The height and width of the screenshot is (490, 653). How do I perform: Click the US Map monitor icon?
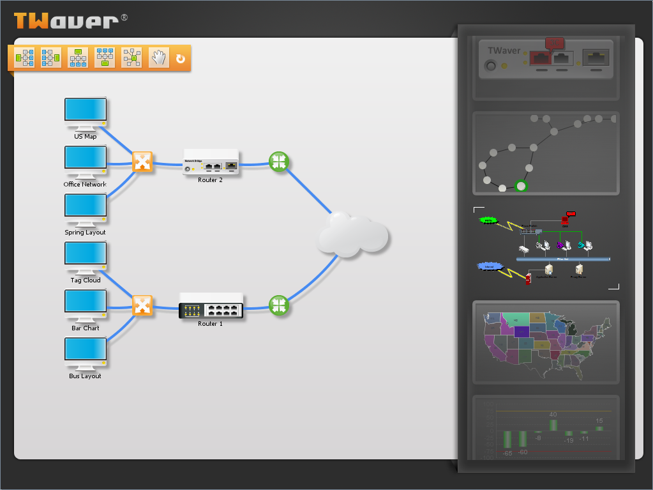[x=86, y=112]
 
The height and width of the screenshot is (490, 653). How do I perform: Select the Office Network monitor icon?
[x=86, y=160]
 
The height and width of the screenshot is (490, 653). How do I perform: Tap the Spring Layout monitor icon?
[x=86, y=208]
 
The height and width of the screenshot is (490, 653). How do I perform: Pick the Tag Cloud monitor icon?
[x=86, y=256]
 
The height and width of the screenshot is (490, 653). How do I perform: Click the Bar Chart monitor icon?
[x=86, y=303]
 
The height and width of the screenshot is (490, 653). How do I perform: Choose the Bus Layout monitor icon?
[x=86, y=351]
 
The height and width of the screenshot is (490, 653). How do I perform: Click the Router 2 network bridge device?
[x=211, y=162]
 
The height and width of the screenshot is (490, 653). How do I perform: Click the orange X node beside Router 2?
[x=142, y=162]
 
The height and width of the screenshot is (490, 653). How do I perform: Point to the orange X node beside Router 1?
[x=142, y=305]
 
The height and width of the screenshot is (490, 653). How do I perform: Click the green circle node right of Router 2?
[x=278, y=162]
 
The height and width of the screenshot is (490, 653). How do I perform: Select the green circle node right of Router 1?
[x=278, y=305]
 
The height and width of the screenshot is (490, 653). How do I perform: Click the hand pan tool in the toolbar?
[x=158, y=57]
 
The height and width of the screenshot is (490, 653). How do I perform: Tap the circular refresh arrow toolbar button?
[x=181, y=58]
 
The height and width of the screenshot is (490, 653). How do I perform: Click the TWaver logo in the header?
[x=66, y=20]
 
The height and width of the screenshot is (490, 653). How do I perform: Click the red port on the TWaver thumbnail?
[x=540, y=59]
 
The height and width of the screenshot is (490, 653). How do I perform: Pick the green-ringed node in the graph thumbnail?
[x=522, y=186]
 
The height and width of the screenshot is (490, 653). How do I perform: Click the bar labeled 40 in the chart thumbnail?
[x=553, y=424]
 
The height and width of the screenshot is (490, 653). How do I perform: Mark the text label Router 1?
[x=211, y=324]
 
